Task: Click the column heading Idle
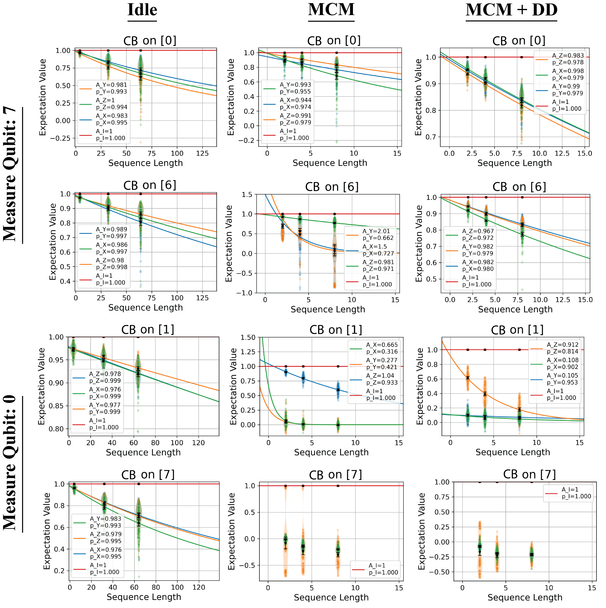click(x=142, y=10)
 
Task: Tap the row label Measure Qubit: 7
click(x=10, y=175)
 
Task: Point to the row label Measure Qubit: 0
click(x=10, y=463)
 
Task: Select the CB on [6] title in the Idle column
click(x=150, y=185)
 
